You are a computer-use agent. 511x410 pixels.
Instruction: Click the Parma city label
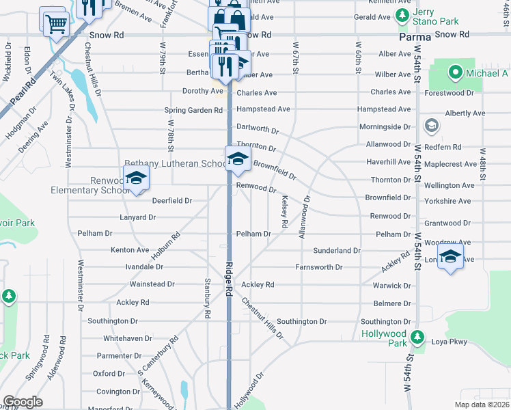click(x=415, y=36)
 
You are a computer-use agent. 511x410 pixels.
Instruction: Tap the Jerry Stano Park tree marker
click(x=403, y=14)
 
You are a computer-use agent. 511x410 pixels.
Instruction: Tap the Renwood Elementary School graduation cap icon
click(x=137, y=178)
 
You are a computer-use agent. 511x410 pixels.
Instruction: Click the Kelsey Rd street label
click(x=284, y=211)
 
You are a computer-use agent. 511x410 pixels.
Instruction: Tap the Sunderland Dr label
click(x=337, y=251)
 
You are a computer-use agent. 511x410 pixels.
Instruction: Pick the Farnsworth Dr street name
click(x=318, y=267)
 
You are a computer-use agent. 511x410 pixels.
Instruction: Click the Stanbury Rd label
click(x=207, y=298)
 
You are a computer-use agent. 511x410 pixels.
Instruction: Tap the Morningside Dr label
click(x=385, y=127)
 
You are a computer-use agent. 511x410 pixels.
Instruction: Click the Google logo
click(x=23, y=402)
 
